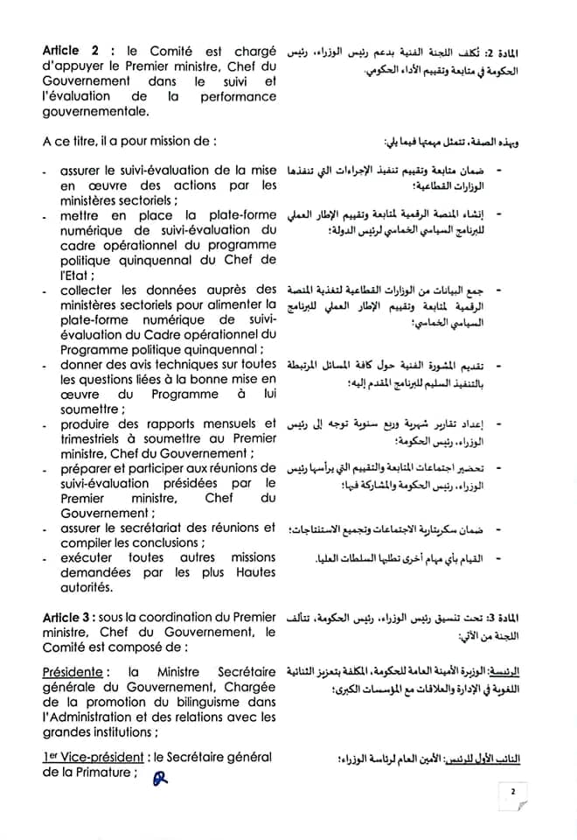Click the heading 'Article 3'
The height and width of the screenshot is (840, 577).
coord(68,619)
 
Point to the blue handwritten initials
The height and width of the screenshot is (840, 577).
coord(158,778)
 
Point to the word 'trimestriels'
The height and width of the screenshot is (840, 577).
coord(80,440)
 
